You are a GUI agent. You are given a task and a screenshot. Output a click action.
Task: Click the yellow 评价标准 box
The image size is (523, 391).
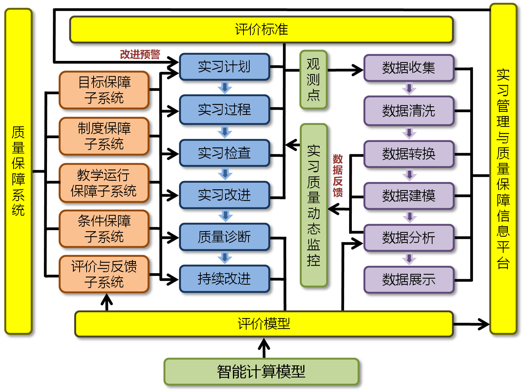[261, 29]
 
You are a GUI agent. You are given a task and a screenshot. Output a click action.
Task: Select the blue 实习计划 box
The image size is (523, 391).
[224, 67]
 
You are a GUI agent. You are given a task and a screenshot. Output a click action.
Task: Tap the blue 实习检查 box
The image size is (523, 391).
[224, 153]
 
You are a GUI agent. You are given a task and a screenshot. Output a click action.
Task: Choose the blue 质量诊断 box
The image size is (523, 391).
[224, 237]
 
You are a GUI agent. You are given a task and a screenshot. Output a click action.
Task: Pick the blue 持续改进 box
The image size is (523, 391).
[224, 279]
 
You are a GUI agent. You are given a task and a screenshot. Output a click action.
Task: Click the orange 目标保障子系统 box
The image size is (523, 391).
[104, 90]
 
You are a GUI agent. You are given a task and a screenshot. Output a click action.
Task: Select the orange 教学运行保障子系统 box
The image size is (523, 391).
[104, 183]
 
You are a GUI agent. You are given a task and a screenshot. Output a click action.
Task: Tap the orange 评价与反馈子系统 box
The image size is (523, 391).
[104, 274]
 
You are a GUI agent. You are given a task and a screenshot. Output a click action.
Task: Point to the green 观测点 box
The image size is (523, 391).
[313, 80]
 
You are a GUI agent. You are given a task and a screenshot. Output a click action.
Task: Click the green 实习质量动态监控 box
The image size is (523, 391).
[314, 206]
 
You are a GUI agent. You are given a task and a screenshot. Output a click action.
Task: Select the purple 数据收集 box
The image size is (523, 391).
[409, 68]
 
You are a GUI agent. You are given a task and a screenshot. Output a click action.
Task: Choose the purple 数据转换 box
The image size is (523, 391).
[409, 154]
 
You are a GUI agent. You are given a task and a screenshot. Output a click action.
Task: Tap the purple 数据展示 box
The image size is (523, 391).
[409, 279]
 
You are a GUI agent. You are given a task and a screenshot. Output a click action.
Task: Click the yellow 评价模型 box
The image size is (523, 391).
[264, 324]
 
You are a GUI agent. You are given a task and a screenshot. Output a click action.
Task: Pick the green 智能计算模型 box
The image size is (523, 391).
[261, 372]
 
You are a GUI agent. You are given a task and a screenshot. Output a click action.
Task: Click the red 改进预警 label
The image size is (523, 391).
[140, 54]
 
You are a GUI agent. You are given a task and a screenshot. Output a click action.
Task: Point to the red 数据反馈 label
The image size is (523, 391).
[338, 175]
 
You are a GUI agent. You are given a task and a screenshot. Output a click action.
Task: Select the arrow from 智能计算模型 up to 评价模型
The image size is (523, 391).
[264, 348]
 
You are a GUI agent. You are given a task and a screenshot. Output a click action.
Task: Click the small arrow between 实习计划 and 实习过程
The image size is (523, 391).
[225, 87]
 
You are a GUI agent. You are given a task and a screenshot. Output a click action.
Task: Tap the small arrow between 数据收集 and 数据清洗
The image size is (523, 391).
[409, 88]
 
